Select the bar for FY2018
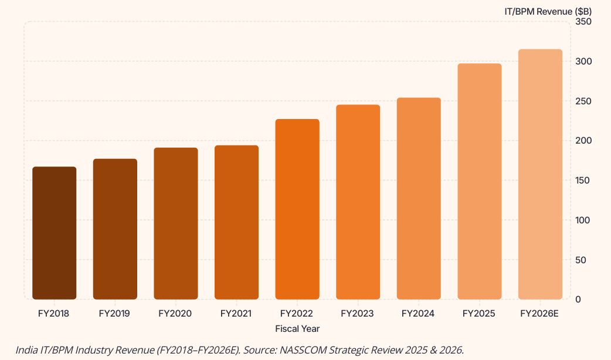[54, 233]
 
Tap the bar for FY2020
[176, 223]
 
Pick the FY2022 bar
[297, 209]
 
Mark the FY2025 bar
[480, 181]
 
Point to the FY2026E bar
[540, 174]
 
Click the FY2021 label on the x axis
[236, 314]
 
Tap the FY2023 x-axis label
[358, 314]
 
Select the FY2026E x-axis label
[540, 314]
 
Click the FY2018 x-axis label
[54, 314]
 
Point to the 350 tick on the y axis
[583, 22]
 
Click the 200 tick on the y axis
[583, 141]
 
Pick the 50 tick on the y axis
[581, 260]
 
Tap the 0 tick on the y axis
[578, 300]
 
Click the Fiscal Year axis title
[297, 328]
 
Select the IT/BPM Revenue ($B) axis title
[548, 11]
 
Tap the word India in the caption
[26, 350]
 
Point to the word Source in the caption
[259, 350]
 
